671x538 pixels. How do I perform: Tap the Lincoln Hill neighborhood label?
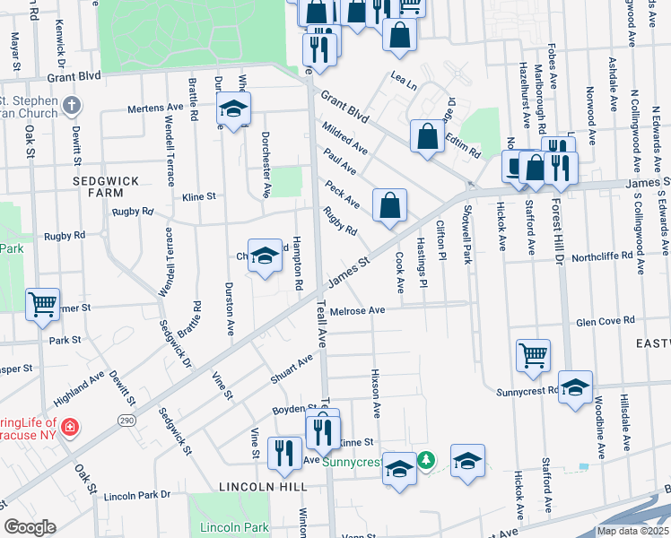[x=261, y=486]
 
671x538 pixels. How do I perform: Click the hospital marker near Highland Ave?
[x=69, y=427]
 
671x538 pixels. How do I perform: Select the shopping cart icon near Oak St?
[x=42, y=305]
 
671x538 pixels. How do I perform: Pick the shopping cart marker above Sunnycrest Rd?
[x=533, y=355]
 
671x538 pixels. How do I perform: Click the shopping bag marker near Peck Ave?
[x=390, y=206]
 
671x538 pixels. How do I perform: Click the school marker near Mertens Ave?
[x=233, y=110]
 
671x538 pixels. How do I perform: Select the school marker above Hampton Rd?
[x=265, y=256]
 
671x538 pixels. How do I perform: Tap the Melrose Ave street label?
[x=357, y=311]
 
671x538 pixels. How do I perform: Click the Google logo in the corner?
[x=30, y=527]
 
